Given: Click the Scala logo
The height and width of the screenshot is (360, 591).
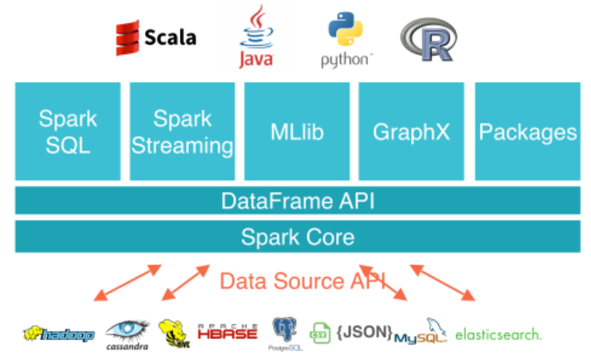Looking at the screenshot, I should pyautogui.click(x=155, y=37).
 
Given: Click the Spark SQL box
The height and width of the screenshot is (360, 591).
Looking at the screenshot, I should pyautogui.click(x=68, y=132).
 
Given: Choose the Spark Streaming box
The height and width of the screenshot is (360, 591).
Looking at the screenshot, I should pyautogui.click(x=182, y=132).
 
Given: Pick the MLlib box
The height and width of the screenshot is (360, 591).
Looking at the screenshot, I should pyautogui.click(x=296, y=132).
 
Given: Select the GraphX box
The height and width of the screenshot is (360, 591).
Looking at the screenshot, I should pyautogui.click(x=412, y=132).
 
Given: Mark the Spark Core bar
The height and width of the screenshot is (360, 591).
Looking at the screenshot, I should pyautogui.click(x=297, y=237).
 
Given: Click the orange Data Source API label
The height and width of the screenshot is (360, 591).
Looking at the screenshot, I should pyautogui.click(x=302, y=280).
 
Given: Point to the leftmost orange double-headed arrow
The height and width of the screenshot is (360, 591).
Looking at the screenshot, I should pyautogui.click(x=127, y=284).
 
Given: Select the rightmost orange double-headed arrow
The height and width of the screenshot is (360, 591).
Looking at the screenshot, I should pyautogui.click(x=444, y=283).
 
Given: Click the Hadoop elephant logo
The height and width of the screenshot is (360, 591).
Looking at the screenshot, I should pyautogui.click(x=59, y=334).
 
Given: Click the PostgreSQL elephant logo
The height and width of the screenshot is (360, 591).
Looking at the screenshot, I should pyautogui.click(x=284, y=332).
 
